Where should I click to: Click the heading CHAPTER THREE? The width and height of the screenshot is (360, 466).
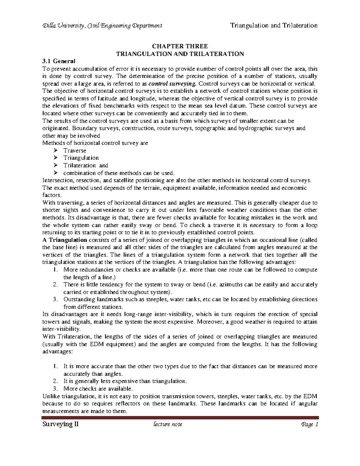coord(180,47)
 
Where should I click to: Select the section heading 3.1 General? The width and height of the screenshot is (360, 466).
coord(59,61)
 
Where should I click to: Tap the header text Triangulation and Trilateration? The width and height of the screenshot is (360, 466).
coord(274,26)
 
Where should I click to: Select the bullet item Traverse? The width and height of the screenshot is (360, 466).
coord(75,151)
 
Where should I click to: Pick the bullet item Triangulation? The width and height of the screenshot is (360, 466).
coord(81,158)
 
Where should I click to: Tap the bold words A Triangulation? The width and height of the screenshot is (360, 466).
coord(65,240)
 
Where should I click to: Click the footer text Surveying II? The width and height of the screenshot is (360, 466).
coord(61,424)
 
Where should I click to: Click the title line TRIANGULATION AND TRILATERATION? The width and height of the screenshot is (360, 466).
coord(180,54)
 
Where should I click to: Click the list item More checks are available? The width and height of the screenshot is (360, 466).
coord(98,389)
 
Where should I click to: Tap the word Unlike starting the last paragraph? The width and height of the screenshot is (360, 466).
coord(50,396)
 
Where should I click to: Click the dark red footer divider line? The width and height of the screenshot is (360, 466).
coord(180,417)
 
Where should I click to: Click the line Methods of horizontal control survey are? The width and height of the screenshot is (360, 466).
coord(95,143)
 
